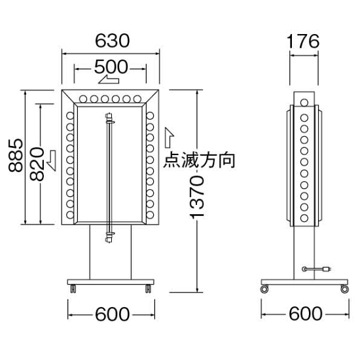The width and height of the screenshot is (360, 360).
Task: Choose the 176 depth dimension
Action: (x=302, y=41)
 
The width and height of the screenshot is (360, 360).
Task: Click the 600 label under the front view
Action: (x=111, y=314)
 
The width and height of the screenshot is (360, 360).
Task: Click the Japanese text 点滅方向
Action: (x=198, y=160)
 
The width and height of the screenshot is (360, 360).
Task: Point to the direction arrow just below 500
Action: (x=108, y=81)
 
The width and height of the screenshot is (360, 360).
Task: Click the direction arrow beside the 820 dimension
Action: (x=52, y=156)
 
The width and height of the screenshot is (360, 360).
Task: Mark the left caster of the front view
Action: (x=71, y=287)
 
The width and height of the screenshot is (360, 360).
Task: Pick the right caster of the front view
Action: (x=150, y=287)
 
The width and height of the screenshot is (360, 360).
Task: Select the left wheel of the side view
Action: (x=264, y=288)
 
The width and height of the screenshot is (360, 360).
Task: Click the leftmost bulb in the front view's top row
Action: (x=84, y=99)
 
